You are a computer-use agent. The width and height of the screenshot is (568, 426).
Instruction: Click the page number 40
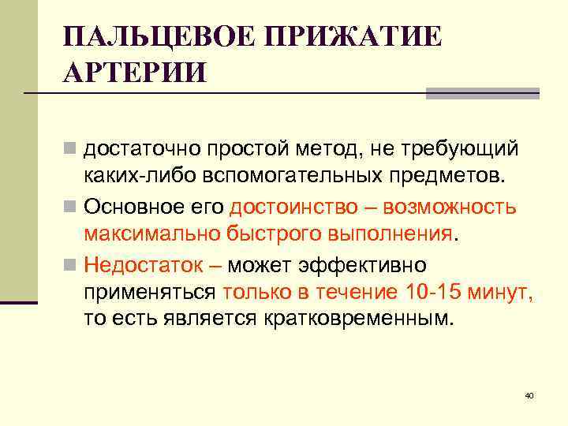click(529, 394)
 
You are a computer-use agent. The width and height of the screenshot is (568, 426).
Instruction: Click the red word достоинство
click(291, 207)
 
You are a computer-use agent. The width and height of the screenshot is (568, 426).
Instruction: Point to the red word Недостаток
click(143, 263)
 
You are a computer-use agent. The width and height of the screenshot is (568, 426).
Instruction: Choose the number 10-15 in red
click(434, 292)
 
